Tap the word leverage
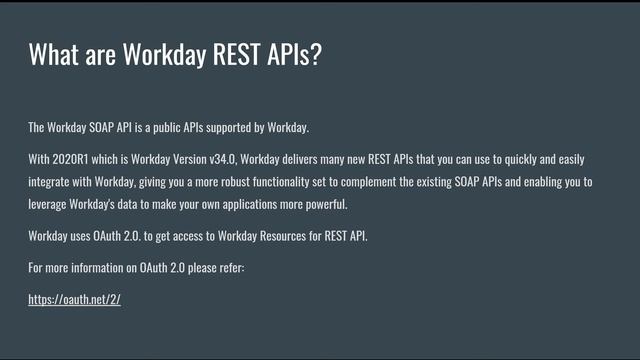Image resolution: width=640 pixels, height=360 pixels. (47, 205)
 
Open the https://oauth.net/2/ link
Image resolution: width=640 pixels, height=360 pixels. (74, 299)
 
